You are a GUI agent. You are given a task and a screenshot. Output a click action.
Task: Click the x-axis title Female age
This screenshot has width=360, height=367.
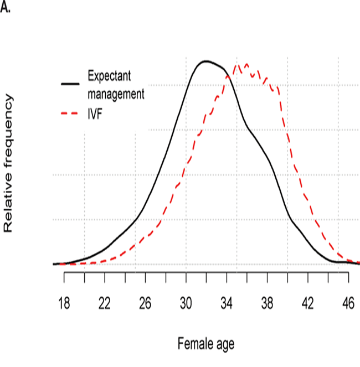tap(205, 344)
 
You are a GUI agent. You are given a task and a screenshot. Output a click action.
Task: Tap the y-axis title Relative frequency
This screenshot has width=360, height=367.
tap(8, 163)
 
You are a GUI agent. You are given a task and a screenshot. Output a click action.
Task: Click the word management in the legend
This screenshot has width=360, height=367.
tap(116, 93)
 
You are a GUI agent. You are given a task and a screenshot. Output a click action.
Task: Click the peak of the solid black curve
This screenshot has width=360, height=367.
tap(205, 61)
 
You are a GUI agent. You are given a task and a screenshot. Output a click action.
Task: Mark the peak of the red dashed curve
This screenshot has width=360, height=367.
tap(246, 64)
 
